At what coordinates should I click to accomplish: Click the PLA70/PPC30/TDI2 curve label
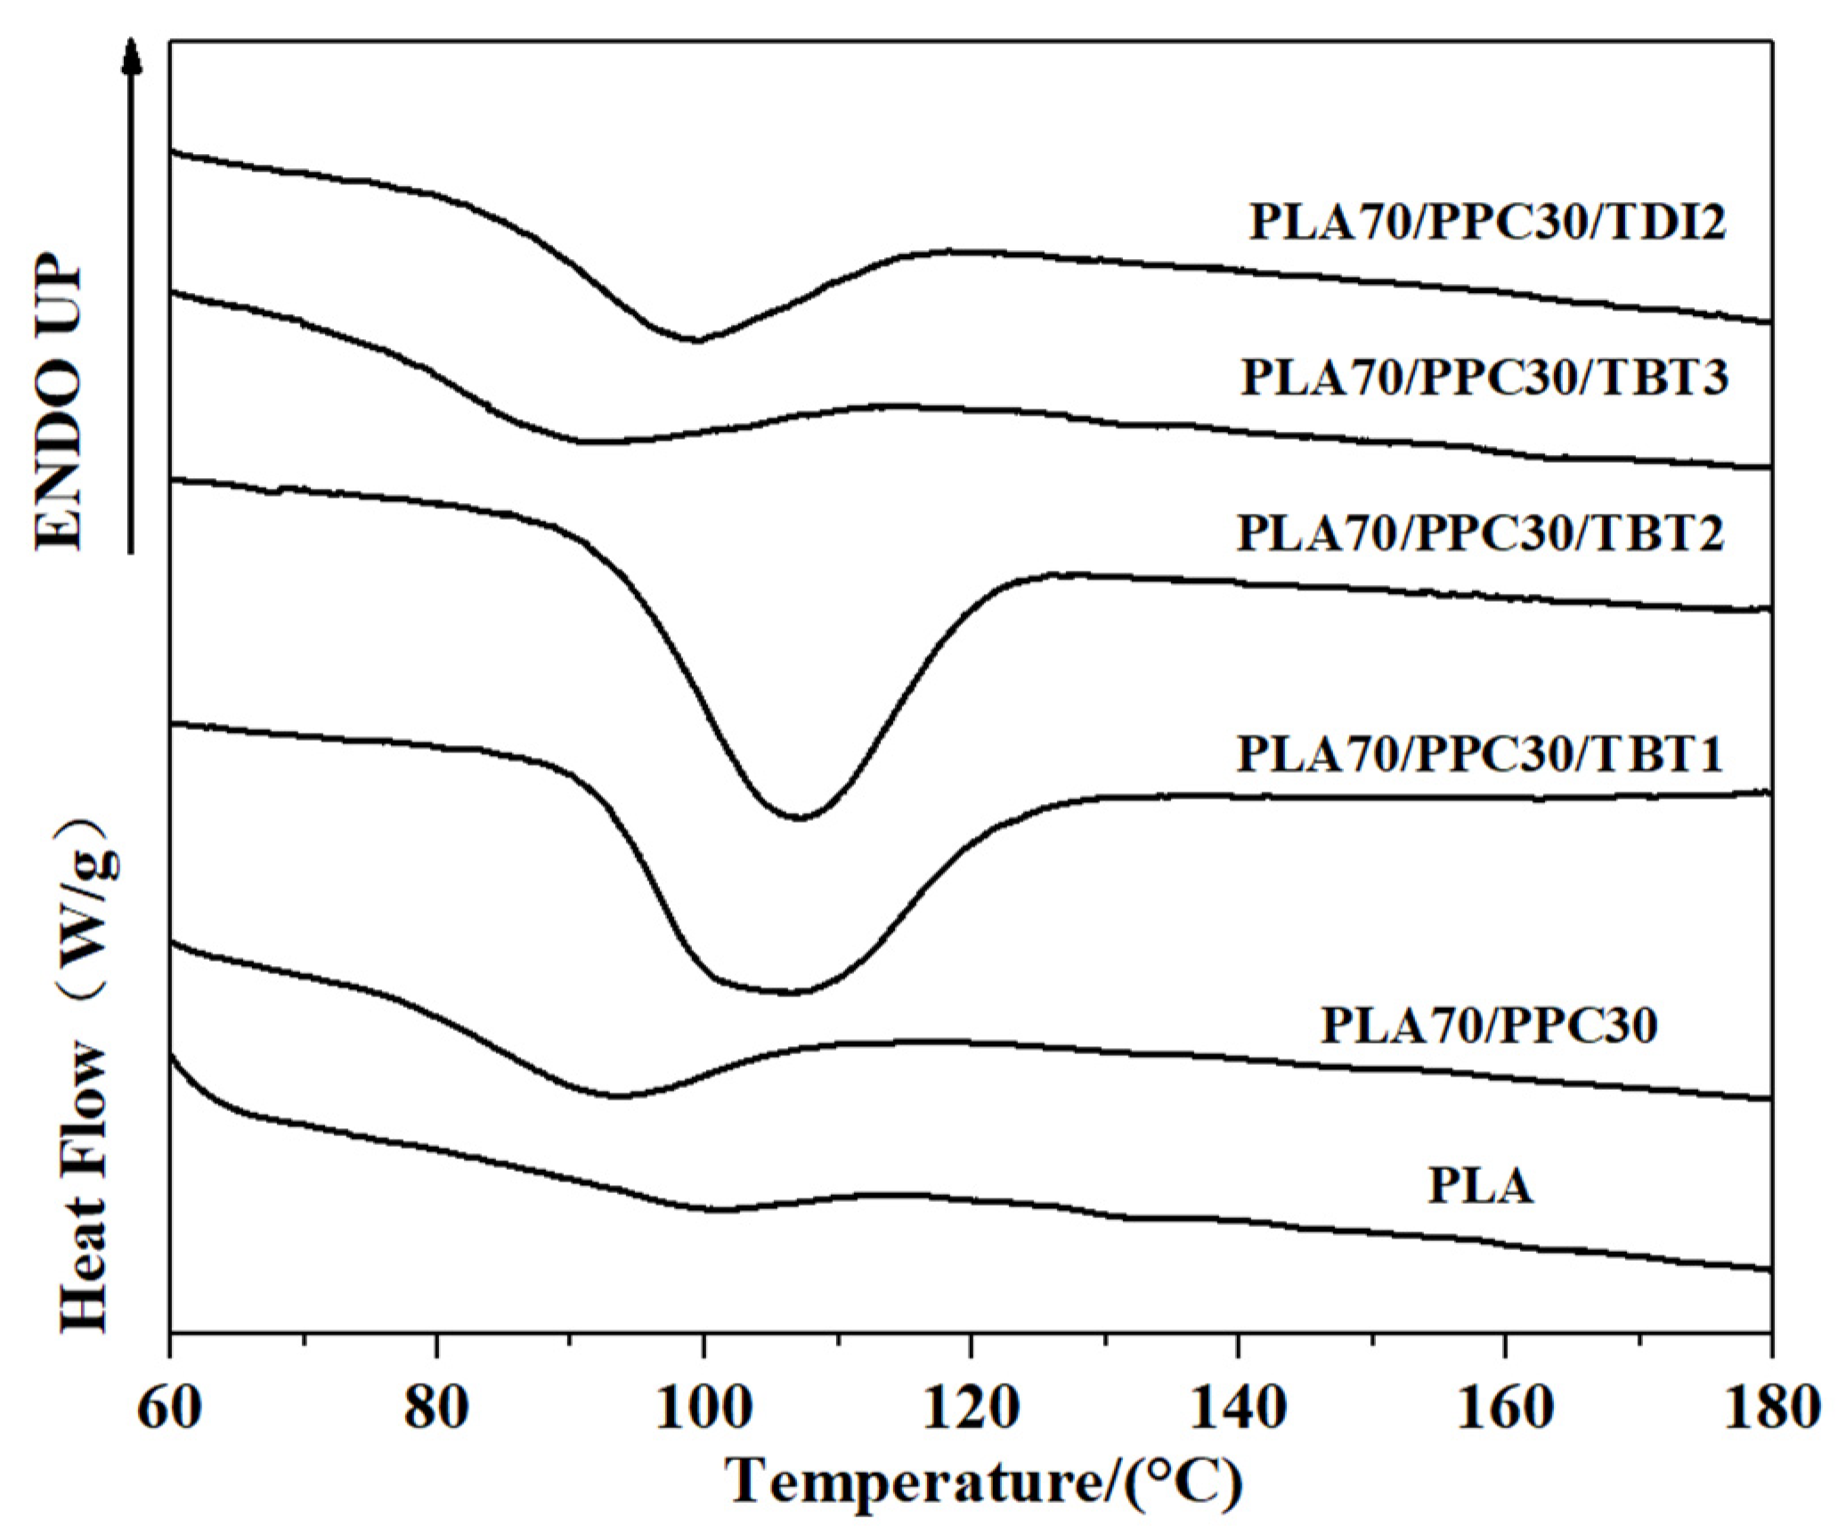coord(1487,221)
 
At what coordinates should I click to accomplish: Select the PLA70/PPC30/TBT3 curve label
coord(1484,377)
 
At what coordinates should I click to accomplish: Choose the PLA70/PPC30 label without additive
coord(1489,1025)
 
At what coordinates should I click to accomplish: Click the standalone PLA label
coord(1481,1186)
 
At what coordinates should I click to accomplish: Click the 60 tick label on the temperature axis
coord(169,1409)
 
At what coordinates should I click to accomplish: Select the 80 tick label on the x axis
coord(435,1409)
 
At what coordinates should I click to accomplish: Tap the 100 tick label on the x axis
coord(703,1409)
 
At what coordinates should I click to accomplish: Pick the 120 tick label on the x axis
coord(971,1409)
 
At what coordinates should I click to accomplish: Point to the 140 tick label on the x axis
coord(1238,1409)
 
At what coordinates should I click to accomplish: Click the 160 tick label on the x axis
coord(1505,1409)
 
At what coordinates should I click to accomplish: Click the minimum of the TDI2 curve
coord(696,340)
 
